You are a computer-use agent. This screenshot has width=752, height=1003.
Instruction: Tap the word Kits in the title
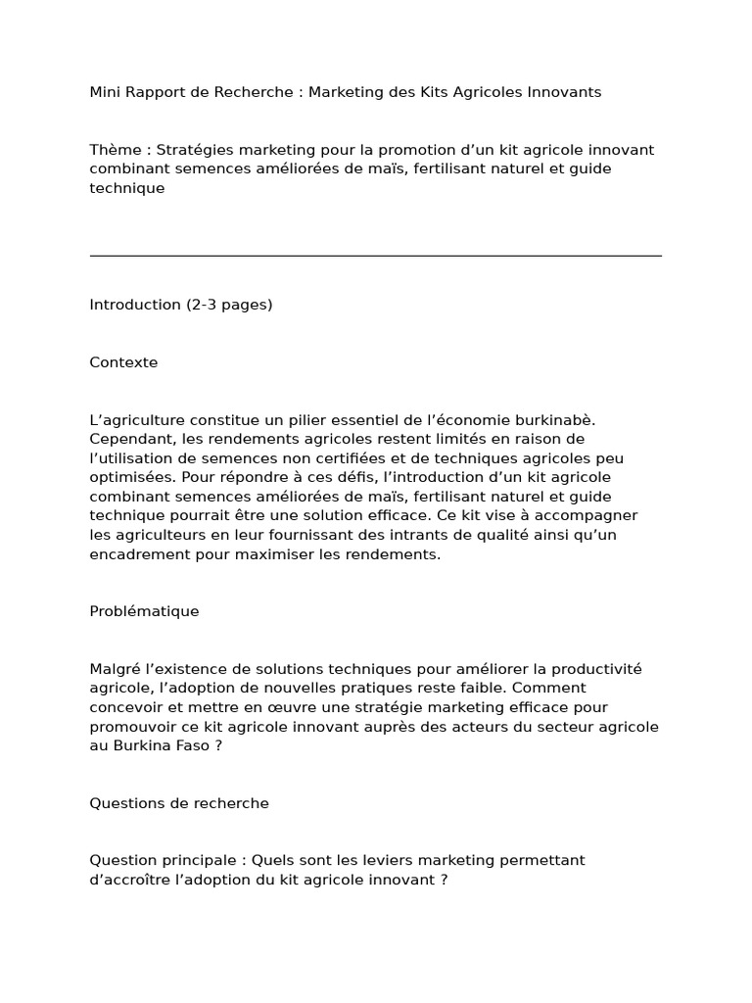[x=444, y=92]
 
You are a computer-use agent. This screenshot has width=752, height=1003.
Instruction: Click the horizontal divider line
[x=375, y=256]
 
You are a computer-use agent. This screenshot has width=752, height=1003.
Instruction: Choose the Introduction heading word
[x=135, y=305]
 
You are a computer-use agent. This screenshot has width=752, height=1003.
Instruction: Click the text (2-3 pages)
[x=229, y=305]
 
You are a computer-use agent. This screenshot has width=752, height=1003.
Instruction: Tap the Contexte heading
[x=123, y=362]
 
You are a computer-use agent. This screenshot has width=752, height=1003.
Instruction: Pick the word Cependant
[x=131, y=439]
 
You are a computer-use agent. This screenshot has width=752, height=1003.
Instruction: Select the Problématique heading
[x=144, y=611]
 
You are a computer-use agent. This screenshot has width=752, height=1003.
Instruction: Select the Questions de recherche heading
[x=179, y=803]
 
